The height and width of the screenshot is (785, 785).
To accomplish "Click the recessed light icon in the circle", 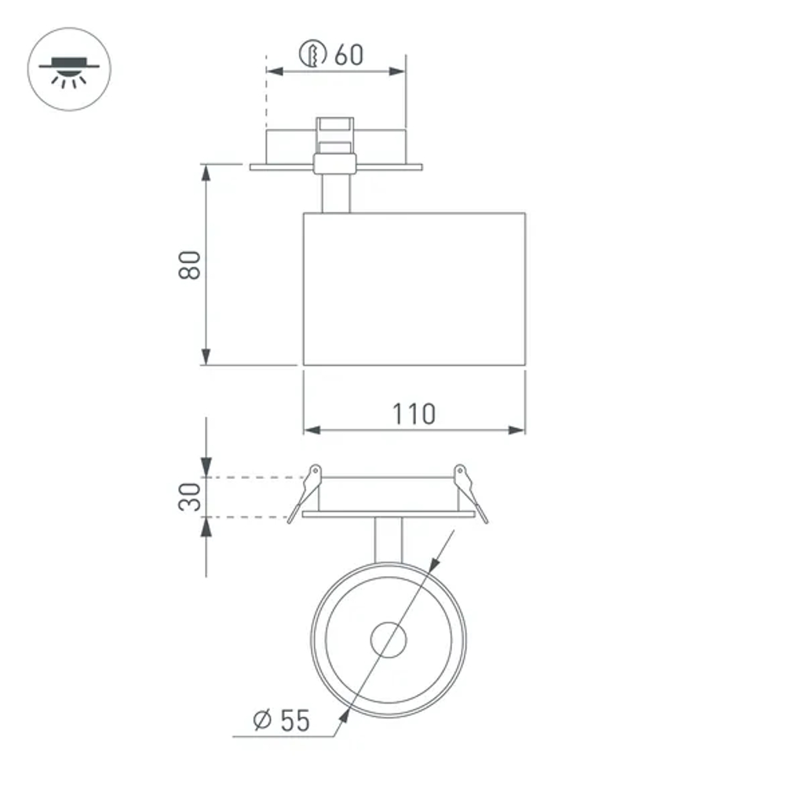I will tap(69, 68).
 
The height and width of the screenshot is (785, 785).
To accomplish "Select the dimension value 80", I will tap(190, 265).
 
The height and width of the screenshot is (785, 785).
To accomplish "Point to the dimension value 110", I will tap(414, 413).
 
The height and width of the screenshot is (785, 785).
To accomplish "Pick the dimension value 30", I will tap(190, 497).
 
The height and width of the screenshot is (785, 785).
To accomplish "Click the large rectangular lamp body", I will tap(414, 288).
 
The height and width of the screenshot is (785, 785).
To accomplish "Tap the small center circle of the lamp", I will tap(389, 640).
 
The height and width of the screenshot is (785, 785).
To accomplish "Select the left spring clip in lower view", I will tap(306, 491).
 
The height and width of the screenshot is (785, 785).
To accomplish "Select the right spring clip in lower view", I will tap(469, 491).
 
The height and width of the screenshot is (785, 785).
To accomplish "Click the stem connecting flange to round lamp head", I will tap(389, 540).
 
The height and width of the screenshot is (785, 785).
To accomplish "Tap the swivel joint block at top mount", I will tap(334, 163).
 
